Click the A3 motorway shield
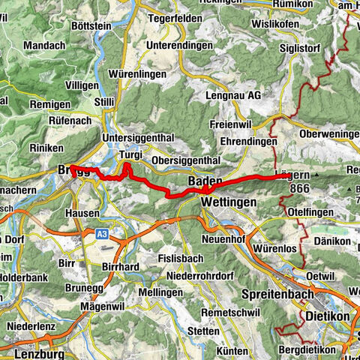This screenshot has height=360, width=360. point(102,235)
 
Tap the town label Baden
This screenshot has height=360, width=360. point(203,181)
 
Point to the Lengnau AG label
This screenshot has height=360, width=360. point(232,96)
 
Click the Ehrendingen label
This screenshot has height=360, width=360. point(238,141)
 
